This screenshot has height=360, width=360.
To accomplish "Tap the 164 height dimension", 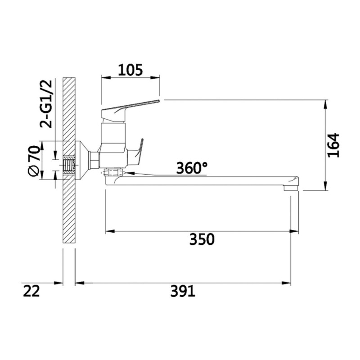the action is click(x=333, y=145).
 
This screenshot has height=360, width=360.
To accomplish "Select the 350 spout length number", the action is click(x=202, y=239).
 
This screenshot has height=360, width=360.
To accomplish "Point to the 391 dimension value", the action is click(x=183, y=291).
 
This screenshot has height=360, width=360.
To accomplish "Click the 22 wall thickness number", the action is click(x=31, y=291).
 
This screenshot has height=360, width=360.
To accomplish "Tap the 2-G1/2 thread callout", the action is click(x=46, y=104).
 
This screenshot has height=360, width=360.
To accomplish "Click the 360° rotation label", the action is click(x=192, y=168).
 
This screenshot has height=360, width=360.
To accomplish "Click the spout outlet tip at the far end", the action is click(x=291, y=188).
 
